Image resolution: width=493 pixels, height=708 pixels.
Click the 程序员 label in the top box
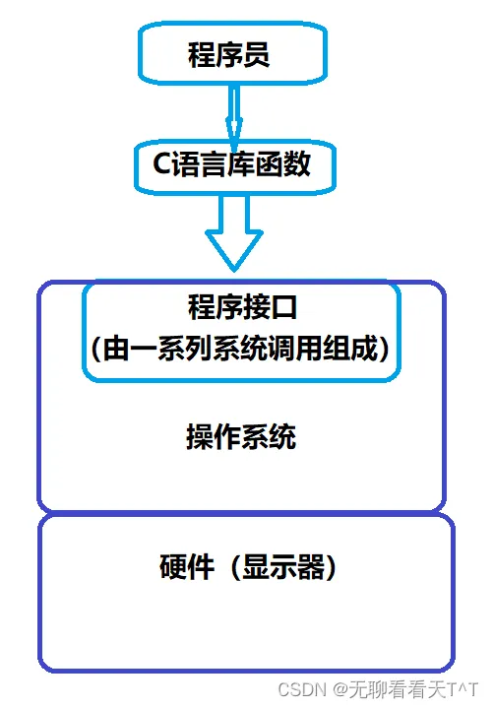pyautogui.click(x=228, y=54)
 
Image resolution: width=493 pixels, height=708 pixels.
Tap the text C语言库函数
pyautogui.click(x=232, y=163)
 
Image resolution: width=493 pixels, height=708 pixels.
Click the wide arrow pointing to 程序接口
pyautogui.click(x=234, y=232)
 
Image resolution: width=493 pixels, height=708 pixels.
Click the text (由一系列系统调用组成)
pyautogui.click(x=240, y=349)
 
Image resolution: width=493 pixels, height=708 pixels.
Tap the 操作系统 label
pyautogui.click(x=241, y=436)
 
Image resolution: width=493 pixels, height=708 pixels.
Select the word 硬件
pyautogui.click(x=187, y=566)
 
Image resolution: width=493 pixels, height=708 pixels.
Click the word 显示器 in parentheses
pyautogui.click(x=283, y=566)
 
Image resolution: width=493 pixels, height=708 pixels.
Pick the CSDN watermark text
pyautogui.click(x=302, y=689)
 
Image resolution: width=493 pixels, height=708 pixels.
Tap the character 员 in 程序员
pyautogui.click(x=256, y=54)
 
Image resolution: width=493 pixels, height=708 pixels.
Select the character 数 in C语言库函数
pyautogui.click(x=297, y=163)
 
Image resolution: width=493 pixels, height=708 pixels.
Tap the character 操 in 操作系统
pyautogui.click(x=200, y=436)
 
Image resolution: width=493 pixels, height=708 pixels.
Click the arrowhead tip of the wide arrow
pyautogui.click(x=234, y=271)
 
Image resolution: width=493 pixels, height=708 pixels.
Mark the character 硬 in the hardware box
pyautogui.click(x=173, y=566)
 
